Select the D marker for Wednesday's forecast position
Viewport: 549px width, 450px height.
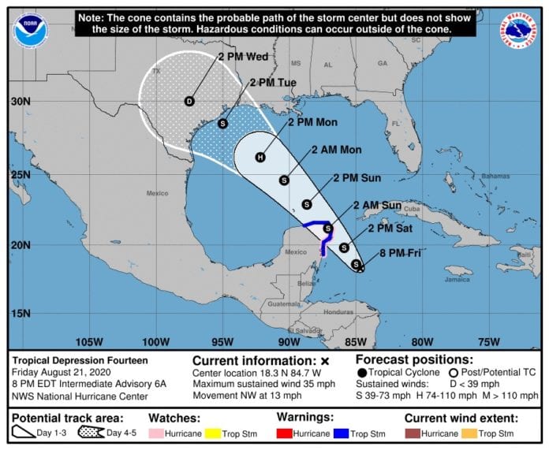point(189,101)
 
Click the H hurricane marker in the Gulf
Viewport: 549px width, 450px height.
point(260,157)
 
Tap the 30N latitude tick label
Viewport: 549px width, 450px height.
point(20,102)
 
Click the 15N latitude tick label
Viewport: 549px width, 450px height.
point(20,313)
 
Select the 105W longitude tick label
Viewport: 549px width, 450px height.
point(88,341)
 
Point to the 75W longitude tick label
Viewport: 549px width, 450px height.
point(489,341)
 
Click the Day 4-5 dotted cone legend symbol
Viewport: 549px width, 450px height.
point(92,433)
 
